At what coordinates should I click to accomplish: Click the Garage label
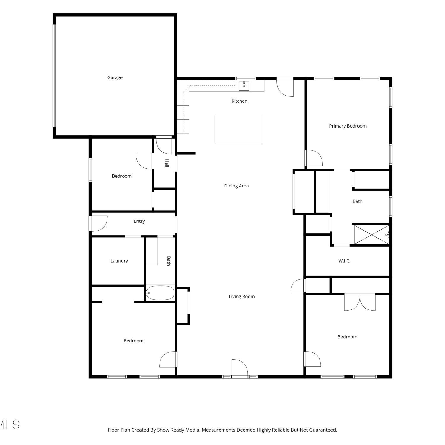tap(115, 77)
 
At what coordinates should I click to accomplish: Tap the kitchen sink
tap(244, 86)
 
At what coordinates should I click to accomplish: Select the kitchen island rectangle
tap(238, 129)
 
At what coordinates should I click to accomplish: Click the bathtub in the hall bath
tap(160, 293)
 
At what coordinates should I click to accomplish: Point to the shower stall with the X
tap(371, 235)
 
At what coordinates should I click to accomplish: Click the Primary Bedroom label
tap(348, 126)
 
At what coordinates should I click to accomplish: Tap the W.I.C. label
tap(344, 261)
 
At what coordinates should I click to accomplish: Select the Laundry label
tap(119, 261)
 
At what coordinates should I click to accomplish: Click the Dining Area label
tap(236, 186)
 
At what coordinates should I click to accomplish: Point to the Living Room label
tap(241, 297)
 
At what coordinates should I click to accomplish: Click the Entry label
tap(139, 221)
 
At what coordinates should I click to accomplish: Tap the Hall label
tap(167, 163)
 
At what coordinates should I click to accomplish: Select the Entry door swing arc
tap(99, 223)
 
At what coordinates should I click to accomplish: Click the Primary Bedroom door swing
tap(314, 158)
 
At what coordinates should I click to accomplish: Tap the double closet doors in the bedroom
tap(360, 302)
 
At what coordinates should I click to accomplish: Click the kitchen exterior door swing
tap(285, 88)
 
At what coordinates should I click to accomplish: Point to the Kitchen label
tap(239, 101)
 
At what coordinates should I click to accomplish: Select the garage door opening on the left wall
tap(54, 75)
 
